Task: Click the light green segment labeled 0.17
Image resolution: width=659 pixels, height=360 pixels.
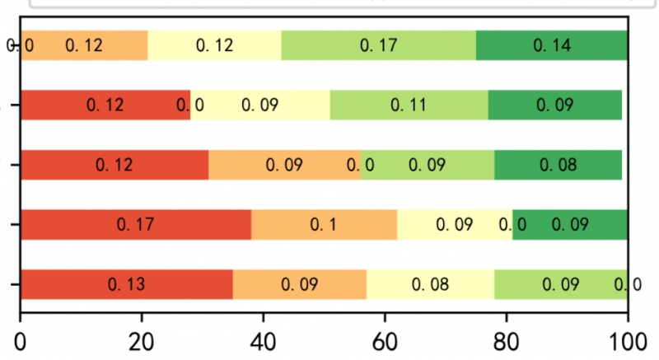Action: point(379,44)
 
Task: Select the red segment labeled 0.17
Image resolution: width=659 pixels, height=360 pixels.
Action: point(136,224)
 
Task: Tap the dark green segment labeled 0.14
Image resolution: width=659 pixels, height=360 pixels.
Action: point(552,44)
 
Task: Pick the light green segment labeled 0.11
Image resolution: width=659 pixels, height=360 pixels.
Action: point(409,105)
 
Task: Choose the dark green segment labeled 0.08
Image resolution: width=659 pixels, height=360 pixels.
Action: point(558,165)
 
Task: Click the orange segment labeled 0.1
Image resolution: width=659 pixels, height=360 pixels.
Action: point(324,224)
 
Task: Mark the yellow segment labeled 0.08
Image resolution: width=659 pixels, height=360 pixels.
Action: point(430,285)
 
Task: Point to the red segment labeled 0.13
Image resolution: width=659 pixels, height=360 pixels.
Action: point(126,285)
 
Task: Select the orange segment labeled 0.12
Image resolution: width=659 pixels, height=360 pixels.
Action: point(83,44)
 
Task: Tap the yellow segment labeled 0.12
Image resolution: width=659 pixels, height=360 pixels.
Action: point(214,44)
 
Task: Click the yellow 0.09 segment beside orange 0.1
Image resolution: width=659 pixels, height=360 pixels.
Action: point(455,224)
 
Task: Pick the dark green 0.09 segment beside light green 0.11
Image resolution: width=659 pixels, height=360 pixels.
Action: point(555,105)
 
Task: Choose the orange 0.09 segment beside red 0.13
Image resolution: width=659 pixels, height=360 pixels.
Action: point(300,285)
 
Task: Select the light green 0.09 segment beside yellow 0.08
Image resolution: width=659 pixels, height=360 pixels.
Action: point(561,285)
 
